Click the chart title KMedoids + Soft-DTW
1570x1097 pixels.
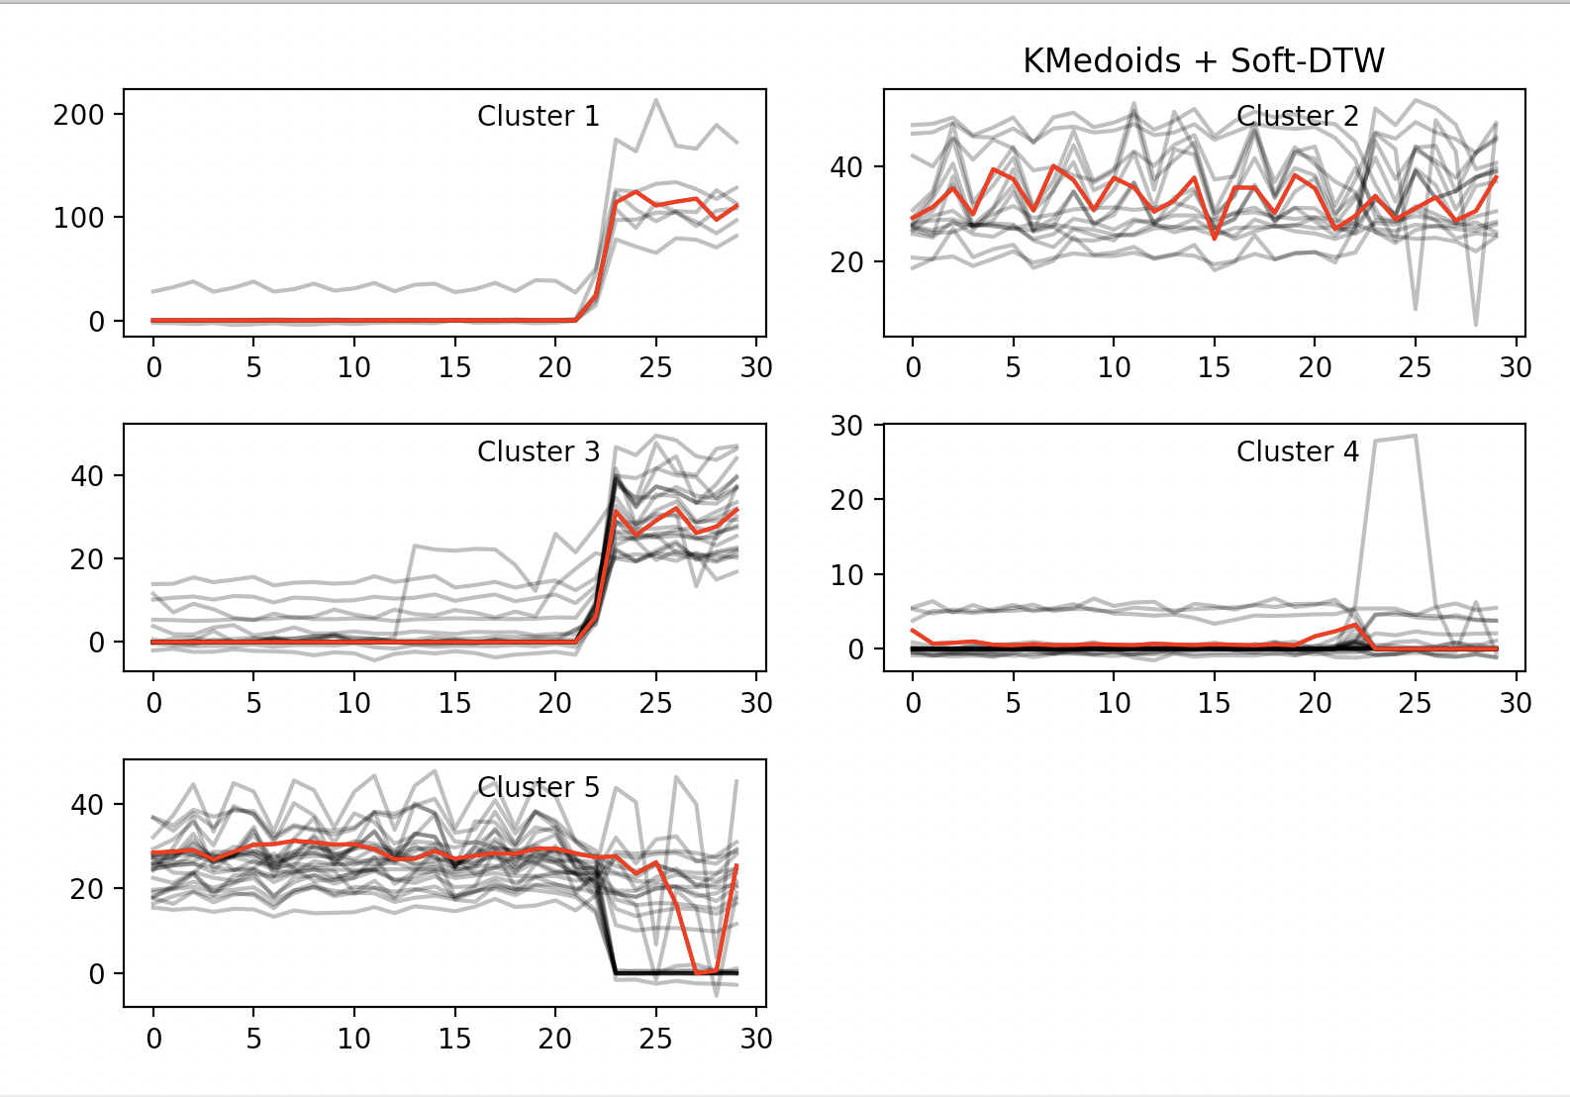[1203, 61]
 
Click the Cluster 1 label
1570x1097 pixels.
[538, 117]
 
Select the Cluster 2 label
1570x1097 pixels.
[1297, 117]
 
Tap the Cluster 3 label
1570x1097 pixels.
[538, 452]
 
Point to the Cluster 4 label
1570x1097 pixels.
[1297, 452]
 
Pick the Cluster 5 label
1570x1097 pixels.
[538, 788]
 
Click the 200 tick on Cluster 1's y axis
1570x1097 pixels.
[79, 115]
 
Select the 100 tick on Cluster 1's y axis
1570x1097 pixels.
[79, 218]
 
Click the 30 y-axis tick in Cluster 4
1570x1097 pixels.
[846, 426]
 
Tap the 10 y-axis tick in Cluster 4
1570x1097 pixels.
[846, 575]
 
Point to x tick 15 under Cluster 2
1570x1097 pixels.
[1214, 368]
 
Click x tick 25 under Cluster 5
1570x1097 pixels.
[655, 1040]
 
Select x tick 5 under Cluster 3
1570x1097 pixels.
[253, 704]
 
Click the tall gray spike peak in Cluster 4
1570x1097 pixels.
[1415, 436]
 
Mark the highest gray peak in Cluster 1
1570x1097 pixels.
[655, 100]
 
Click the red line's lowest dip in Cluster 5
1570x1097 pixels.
[699, 973]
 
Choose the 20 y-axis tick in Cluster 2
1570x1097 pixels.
[846, 263]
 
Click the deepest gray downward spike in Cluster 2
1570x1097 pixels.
[1475, 325]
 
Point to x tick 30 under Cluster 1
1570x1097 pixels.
[756, 368]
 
